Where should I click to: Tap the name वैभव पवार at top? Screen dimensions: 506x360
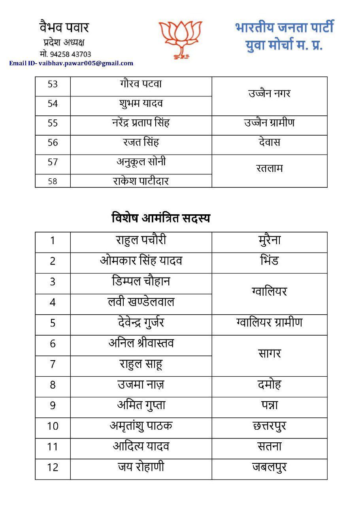pyautogui.click(x=64, y=28)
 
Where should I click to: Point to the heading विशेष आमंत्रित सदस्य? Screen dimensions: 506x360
pyautogui.click(x=160, y=218)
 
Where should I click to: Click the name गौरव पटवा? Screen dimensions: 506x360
pyautogui.click(x=141, y=84)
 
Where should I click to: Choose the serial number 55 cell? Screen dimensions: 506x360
pyautogui.click(x=53, y=123)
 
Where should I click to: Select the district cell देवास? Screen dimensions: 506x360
pyautogui.click(x=269, y=142)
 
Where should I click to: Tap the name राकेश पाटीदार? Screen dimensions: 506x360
pyautogui.click(x=141, y=181)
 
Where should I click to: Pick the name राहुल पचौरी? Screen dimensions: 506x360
pyautogui.click(x=141, y=240)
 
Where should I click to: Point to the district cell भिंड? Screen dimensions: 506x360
pyautogui.click(x=269, y=261)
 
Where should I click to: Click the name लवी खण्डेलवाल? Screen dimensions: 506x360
pyautogui.click(x=141, y=302)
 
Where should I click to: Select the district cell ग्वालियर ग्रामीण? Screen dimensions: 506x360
pyautogui.click(x=269, y=323)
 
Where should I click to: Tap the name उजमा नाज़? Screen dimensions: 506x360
pyautogui.click(x=141, y=384)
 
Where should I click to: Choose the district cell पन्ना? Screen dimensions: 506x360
pyautogui.click(x=269, y=405)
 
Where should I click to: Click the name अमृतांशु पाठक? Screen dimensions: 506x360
pyautogui.click(x=141, y=426)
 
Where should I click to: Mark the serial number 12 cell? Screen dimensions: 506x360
pyautogui.click(x=53, y=467)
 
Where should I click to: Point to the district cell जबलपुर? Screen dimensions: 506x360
pyautogui.click(x=269, y=467)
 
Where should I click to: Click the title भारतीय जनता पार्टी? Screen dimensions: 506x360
pyautogui.click(x=284, y=28)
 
